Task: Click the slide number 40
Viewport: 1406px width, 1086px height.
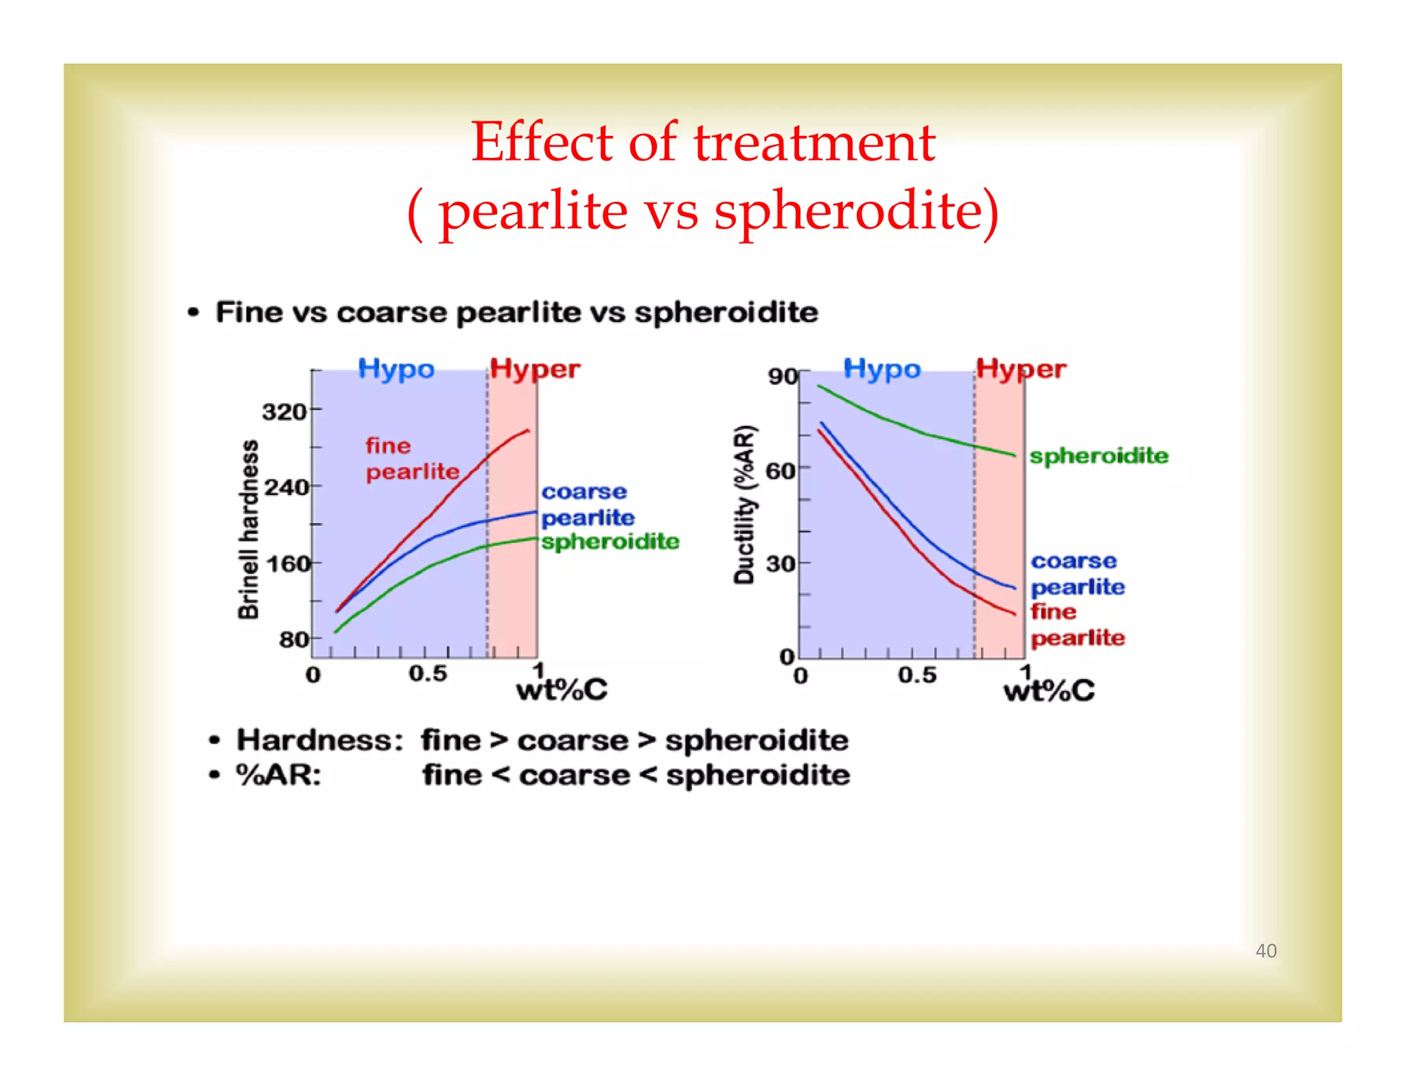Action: pos(1265,950)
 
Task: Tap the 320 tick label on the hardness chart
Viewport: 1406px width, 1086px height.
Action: pos(284,411)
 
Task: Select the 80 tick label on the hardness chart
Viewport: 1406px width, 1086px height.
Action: pos(294,640)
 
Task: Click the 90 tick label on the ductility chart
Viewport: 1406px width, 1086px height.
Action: pos(783,376)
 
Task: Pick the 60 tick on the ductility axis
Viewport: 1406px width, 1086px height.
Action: pos(781,471)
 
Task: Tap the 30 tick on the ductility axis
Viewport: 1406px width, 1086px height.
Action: pos(781,564)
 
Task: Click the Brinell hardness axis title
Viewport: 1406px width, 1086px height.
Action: pos(249,529)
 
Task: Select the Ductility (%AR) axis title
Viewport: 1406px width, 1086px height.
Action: pos(745,505)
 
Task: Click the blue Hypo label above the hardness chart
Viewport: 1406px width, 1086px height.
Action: pos(396,369)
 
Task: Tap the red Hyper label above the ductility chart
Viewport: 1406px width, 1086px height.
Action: pos(1021,369)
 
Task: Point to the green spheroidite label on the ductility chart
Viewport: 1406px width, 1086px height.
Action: pos(1098,456)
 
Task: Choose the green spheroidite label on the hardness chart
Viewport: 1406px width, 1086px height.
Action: pos(610,542)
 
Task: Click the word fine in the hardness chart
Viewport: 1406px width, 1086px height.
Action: pos(388,446)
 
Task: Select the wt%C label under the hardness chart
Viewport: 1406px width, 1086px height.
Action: pos(562,690)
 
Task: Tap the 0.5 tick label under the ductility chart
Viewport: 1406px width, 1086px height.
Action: pos(917,675)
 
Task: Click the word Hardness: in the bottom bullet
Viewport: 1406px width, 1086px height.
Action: pos(320,740)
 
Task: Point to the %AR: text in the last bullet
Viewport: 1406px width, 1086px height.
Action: pos(279,775)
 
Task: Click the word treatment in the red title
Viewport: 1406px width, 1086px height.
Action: pos(814,142)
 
